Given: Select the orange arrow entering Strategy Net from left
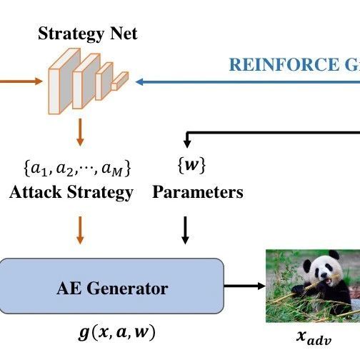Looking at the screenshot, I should (21, 81).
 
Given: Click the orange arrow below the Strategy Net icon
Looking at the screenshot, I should (81, 132).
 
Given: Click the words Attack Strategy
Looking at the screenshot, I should (71, 192).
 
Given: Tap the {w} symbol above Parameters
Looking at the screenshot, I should (191, 168).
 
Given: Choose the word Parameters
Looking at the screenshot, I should (198, 192).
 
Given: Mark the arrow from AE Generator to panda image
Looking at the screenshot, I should (244, 286).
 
